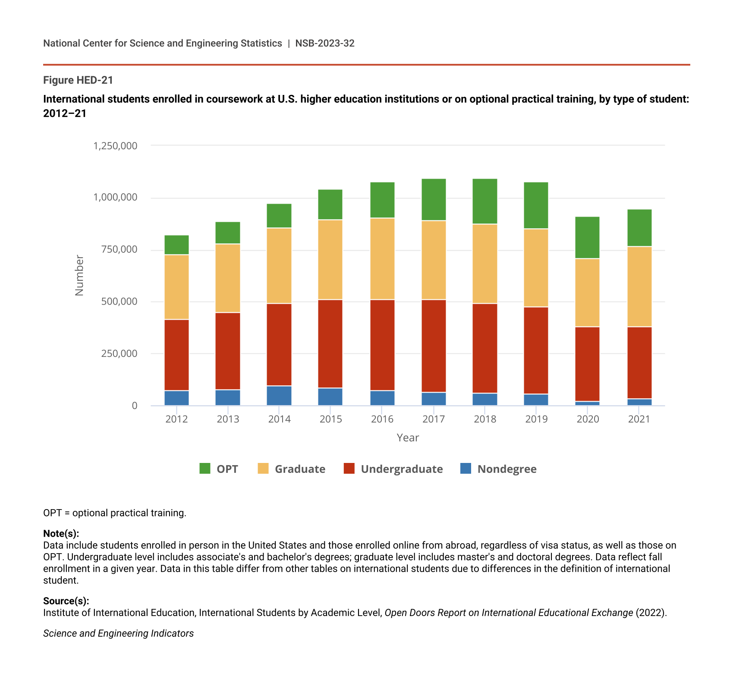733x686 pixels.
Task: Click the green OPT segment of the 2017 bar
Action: click(x=434, y=199)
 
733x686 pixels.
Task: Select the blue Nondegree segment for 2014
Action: click(x=279, y=396)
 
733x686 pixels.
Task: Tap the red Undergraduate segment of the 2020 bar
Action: click(x=587, y=364)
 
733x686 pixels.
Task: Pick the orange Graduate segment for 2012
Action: click(x=176, y=287)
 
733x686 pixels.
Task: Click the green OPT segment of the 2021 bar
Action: click(x=639, y=228)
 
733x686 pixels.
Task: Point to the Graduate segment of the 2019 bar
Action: click(x=536, y=267)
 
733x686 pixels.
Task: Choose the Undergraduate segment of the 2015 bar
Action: click(x=330, y=344)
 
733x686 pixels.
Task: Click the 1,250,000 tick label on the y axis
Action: click(x=115, y=146)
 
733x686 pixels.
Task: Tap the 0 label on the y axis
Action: click(x=135, y=406)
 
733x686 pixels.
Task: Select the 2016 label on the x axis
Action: click(x=382, y=419)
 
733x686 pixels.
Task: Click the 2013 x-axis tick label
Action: click(x=228, y=419)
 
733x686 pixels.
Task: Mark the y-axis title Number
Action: click(x=79, y=275)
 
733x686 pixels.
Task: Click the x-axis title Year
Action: click(x=408, y=438)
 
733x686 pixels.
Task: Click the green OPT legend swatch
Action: click(x=205, y=469)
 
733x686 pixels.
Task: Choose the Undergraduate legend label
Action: click(x=402, y=469)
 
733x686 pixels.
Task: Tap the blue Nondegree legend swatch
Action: click(x=466, y=469)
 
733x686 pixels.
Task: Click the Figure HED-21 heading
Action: click(x=78, y=80)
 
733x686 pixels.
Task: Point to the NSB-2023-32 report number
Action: click(x=325, y=43)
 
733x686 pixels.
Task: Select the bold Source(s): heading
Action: click(x=66, y=601)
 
